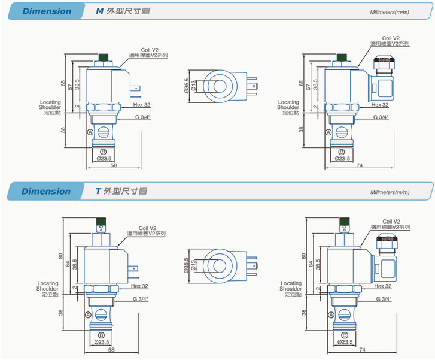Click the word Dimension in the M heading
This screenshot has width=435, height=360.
click(x=45, y=11)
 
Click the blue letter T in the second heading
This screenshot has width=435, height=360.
click(x=98, y=192)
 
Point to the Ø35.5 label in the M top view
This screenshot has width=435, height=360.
click(x=186, y=87)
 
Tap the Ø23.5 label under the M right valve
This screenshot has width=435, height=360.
click(x=342, y=158)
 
